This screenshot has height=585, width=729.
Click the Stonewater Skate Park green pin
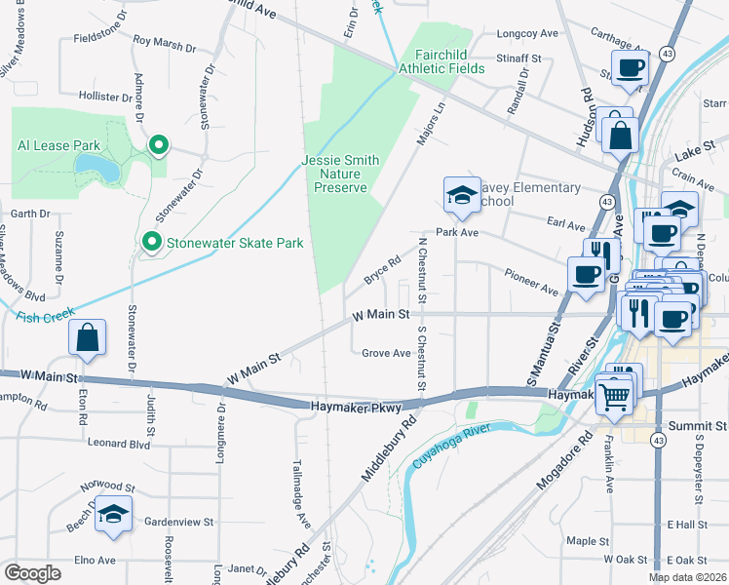(x=151, y=241)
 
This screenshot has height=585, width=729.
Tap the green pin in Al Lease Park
(x=158, y=146)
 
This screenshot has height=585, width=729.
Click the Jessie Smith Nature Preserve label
(x=334, y=174)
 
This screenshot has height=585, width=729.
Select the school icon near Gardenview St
(x=114, y=516)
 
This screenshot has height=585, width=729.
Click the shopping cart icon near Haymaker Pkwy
(x=614, y=395)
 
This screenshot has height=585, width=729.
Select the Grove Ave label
(x=386, y=353)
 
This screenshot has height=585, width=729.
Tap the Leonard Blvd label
(x=119, y=443)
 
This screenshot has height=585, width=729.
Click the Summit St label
(x=698, y=427)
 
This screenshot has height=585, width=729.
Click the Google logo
(x=32, y=573)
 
